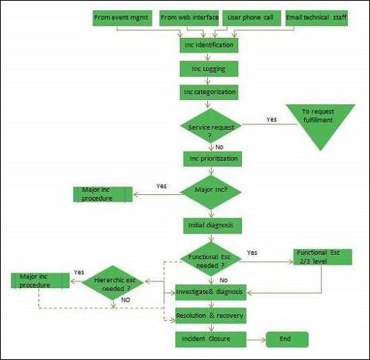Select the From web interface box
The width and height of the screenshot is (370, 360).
(189, 18)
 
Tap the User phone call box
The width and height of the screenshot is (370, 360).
(252, 18)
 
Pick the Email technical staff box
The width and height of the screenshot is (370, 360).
(316, 18)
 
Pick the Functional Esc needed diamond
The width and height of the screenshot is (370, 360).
(210, 259)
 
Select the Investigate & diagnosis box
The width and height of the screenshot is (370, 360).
(209, 292)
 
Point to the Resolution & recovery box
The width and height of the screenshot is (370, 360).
(209, 315)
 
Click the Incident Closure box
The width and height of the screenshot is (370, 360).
(209, 339)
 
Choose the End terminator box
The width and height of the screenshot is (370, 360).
(285, 339)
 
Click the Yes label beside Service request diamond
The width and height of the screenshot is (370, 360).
(272, 118)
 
